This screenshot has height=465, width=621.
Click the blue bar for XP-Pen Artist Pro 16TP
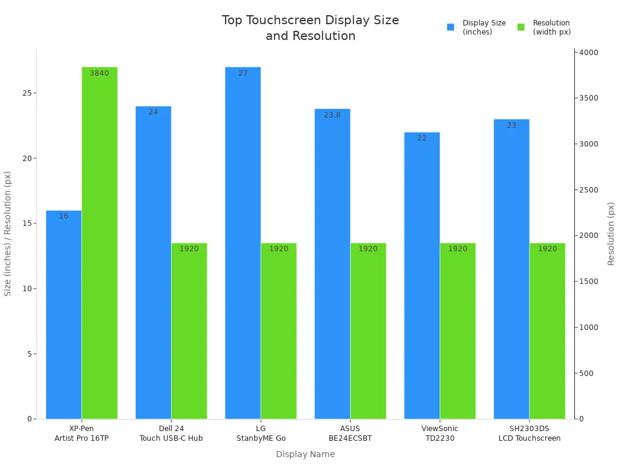64,315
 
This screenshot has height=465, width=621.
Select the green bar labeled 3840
99,242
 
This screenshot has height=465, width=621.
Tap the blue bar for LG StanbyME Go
243,242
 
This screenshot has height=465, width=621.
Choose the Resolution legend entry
546,27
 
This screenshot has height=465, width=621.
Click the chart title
310,28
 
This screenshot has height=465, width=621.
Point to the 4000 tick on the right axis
589,53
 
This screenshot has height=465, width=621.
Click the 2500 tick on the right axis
589,190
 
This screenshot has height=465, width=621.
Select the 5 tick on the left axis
29,354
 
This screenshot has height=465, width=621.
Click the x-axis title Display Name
305,454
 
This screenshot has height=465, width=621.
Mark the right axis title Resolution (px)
611,233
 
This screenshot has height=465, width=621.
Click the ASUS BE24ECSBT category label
350,434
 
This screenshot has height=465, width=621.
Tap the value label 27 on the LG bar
243,73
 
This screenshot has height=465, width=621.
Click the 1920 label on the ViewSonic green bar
457,249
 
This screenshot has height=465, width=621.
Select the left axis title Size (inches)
8,233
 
